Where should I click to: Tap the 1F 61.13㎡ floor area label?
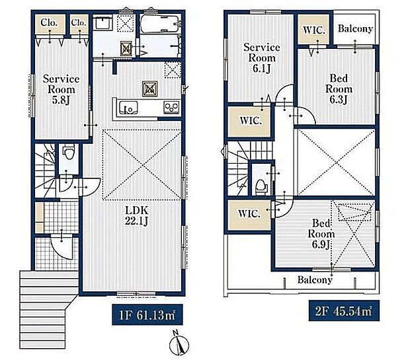pos(147,315)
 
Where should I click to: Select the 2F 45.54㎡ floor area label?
pos(344,310)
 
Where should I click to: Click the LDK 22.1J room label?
pos(136,215)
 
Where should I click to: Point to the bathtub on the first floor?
pos(160,24)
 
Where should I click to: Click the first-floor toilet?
pos(69,152)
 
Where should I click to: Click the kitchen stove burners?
pos(171,108)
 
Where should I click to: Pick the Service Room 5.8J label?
pos(61,89)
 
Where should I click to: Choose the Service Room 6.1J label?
pos(261,57)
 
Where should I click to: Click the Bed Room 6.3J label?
pos(339,89)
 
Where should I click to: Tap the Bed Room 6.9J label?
pos(321,234)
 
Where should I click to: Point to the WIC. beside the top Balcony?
pos(313,30)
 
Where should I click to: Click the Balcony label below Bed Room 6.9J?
pos(315,280)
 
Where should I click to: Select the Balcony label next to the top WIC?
pos(355,28)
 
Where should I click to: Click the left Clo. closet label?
pos(49,22)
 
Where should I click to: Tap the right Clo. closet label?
pos(79,22)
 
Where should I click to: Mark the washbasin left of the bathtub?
pos(102,22)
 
